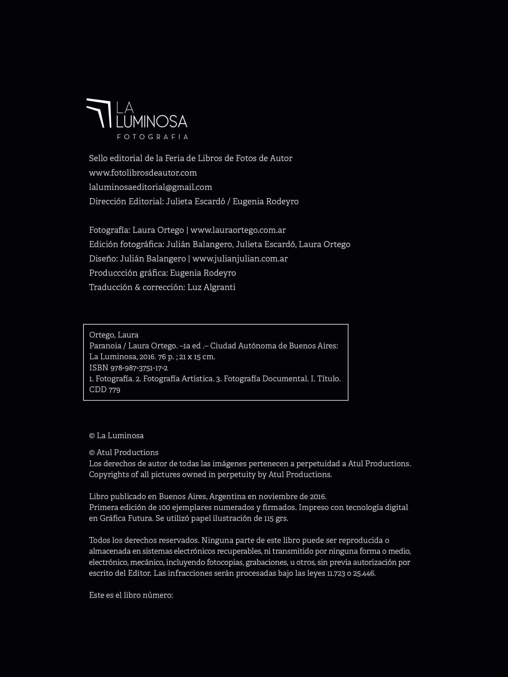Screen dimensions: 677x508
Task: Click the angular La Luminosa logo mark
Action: [x=99, y=113]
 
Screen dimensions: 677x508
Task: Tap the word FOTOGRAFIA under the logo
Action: [x=152, y=137]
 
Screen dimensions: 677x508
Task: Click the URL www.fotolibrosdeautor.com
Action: [x=143, y=173]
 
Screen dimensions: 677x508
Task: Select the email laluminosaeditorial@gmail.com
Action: [x=150, y=187]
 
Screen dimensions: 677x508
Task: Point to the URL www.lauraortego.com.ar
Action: [x=238, y=230]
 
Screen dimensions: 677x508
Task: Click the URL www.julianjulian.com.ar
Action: [x=240, y=259]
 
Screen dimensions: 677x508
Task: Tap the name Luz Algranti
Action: [x=211, y=287]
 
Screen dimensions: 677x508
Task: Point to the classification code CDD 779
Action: [x=105, y=390]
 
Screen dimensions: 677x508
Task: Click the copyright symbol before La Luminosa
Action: [x=92, y=436]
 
